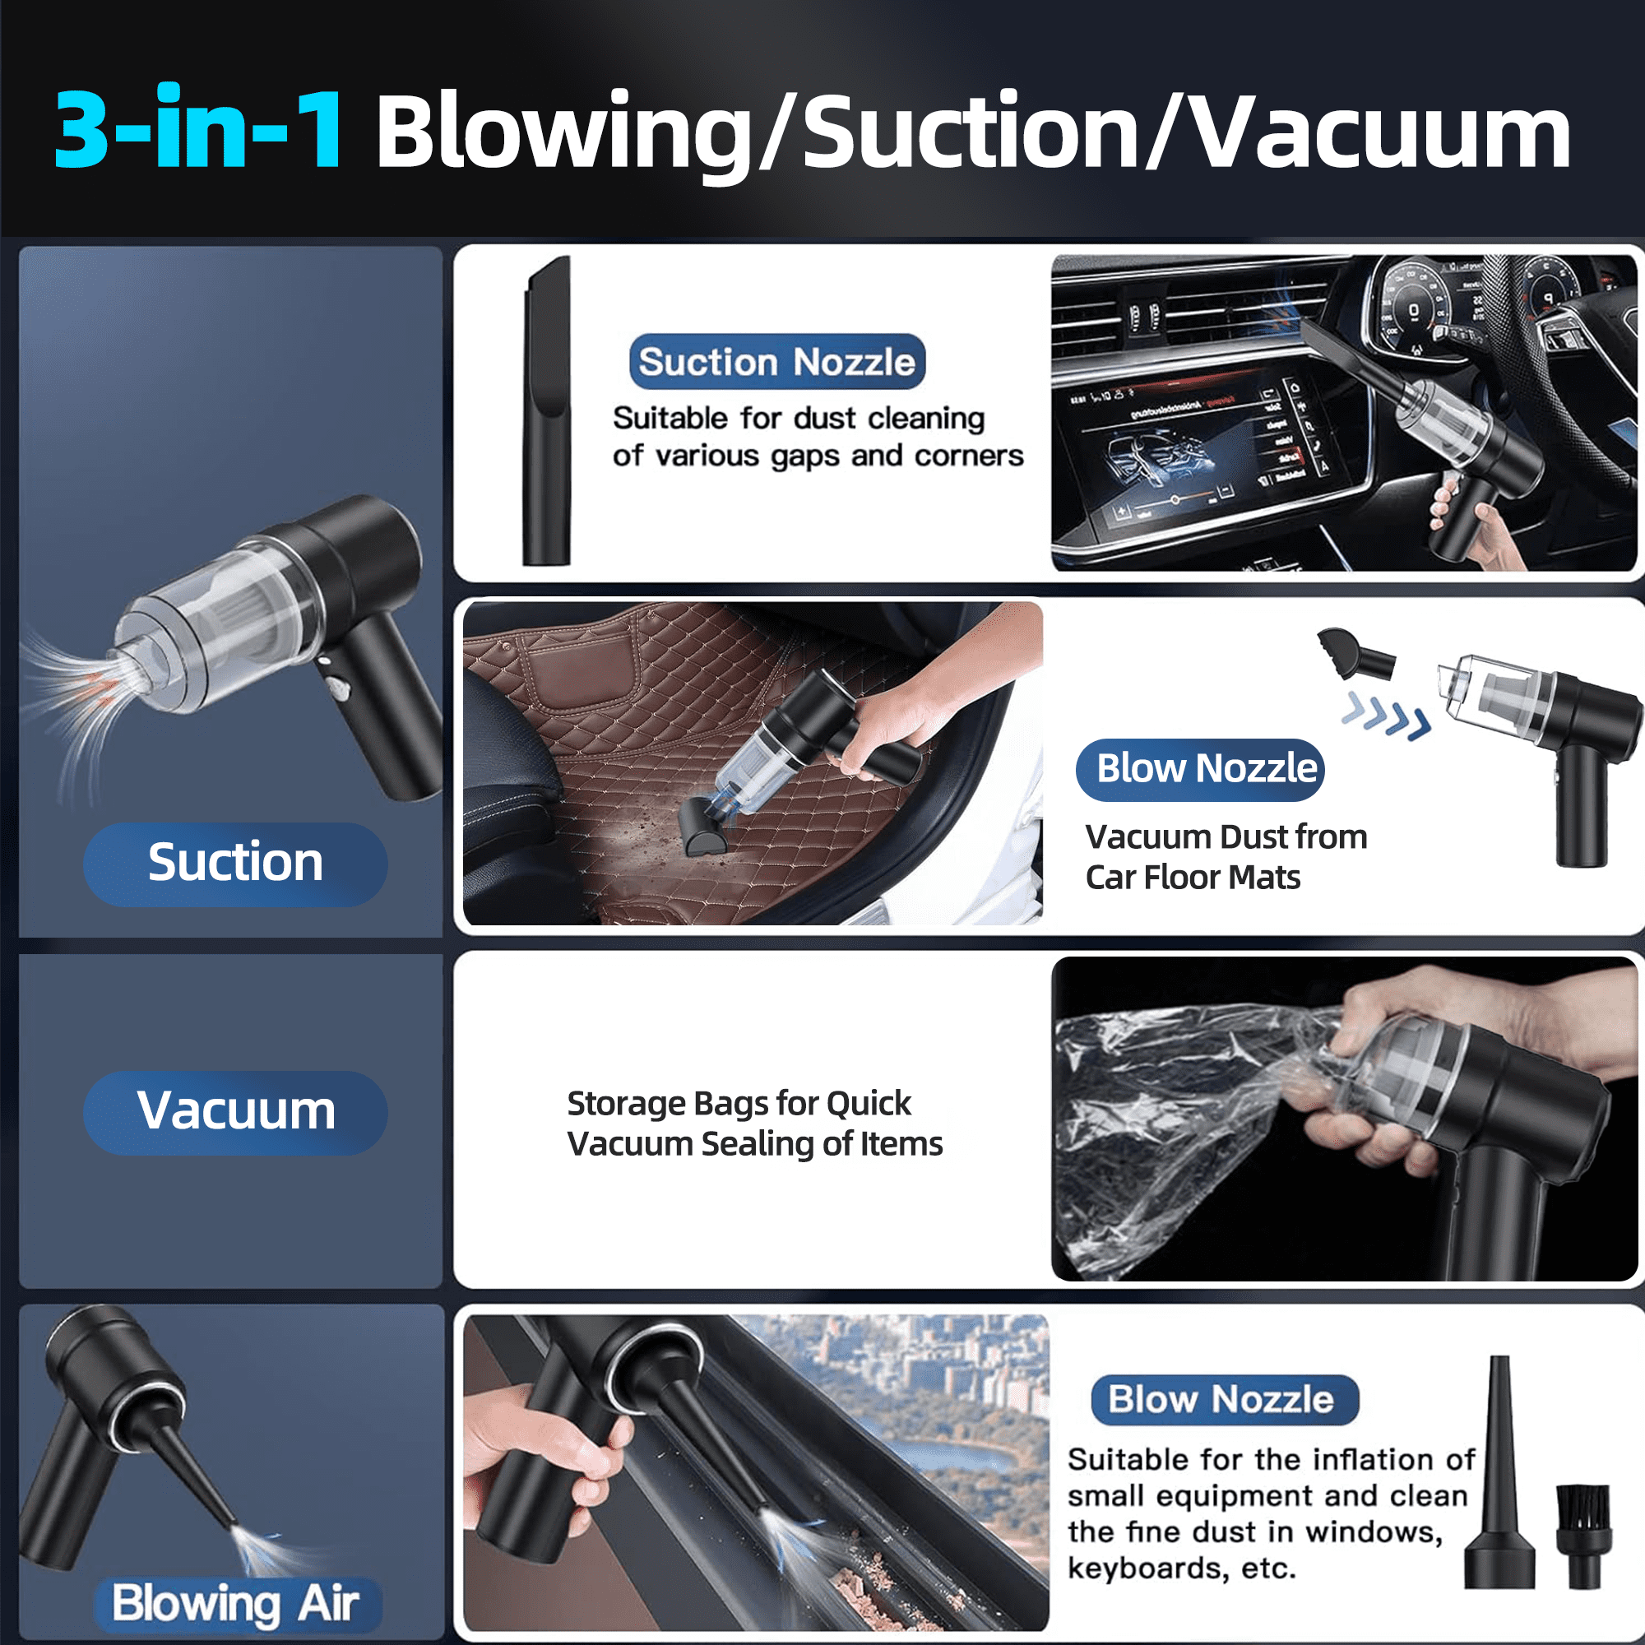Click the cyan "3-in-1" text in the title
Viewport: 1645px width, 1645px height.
pyautogui.click(x=199, y=127)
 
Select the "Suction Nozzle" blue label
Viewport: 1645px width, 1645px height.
pyautogui.click(x=776, y=362)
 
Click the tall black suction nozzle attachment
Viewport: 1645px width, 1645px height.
pyautogui.click(x=547, y=410)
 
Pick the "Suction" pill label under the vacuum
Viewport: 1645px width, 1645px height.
pyautogui.click(x=235, y=863)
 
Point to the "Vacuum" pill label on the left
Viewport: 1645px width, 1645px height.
pyautogui.click(x=235, y=1111)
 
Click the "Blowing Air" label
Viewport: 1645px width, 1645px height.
pyautogui.click(x=236, y=1601)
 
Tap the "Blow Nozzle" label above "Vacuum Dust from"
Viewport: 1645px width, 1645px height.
pyautogui.click(x=1200, y=769)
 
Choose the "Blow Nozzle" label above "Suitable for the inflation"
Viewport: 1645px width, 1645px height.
pyautogui.click(x=1225, y=1399)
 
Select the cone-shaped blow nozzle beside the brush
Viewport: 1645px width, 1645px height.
pyautogui.click(x=1499, y=1473)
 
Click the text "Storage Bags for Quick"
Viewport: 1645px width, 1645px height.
pyautogui.click(x=739, y=1103)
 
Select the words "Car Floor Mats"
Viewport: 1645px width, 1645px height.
pyautogui.click(x=1193, y=877)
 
